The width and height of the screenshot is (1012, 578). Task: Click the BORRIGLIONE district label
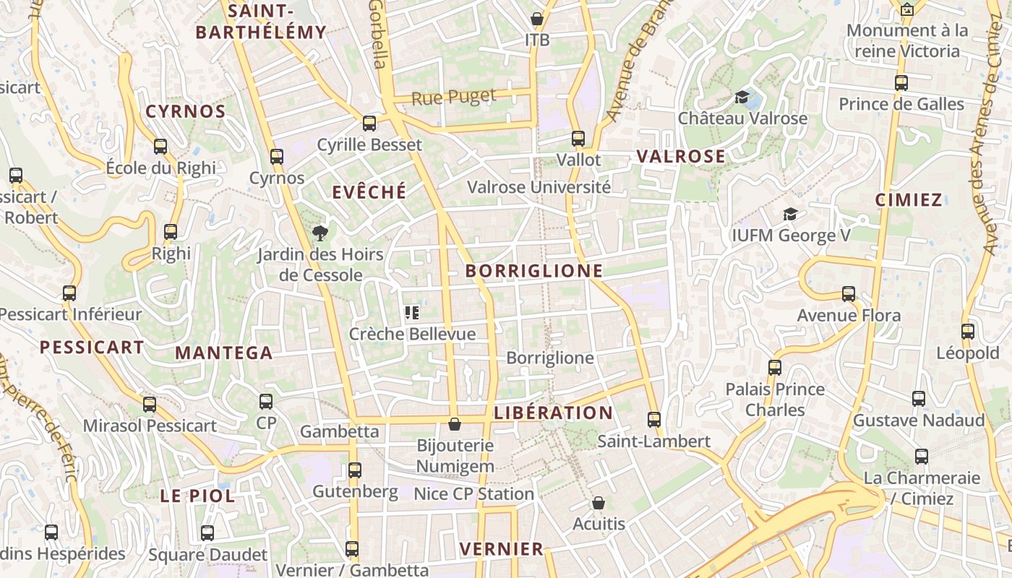[x=534, y=271]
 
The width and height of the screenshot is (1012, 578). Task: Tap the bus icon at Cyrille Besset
[x=369, y=124]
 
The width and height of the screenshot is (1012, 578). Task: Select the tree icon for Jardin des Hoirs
[x=320, y=233]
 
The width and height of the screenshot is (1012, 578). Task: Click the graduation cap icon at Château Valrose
[x=742, y=97]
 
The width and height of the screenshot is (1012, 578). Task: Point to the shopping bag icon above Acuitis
[x=598, y=502]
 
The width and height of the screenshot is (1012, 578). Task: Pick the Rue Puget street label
[x=454, y=97]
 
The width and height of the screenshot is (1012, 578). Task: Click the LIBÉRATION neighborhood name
[x=554, y=413]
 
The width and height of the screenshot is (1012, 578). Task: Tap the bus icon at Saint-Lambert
[x=654, y=420]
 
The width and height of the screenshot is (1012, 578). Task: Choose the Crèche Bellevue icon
[x=412, y=313]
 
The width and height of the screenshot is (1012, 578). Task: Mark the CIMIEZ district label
[x=909, y=200]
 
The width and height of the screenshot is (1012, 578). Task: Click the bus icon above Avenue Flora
[x=849, y=294]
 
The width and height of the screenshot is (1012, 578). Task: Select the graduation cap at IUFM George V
[x=791, y=215]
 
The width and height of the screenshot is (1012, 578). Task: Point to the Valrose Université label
[x=539, y=187]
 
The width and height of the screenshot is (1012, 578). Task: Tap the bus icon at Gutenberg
[x=354, y=470]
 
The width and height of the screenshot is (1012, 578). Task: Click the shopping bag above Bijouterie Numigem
[x=455, y=423]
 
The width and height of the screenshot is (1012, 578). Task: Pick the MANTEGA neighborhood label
[x=224, y=353]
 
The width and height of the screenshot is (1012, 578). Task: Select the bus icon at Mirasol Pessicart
[x=150, y=405]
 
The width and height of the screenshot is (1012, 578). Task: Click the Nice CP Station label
[x=473, y=494]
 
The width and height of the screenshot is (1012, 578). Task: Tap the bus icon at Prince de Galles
[x=901, y=83]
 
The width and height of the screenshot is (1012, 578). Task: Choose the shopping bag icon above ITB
[x=537, y=19]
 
